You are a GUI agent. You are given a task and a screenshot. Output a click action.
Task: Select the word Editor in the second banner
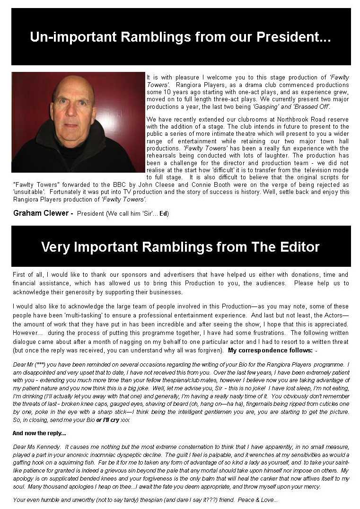click(x=291, y=246)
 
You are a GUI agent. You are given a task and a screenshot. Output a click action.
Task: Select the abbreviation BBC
click(x=127, y=184)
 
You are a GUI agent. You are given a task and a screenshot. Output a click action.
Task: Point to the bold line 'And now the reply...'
click(x=39, y=433)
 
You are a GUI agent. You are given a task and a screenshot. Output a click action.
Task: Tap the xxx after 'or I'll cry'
click(x=125, y=420)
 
